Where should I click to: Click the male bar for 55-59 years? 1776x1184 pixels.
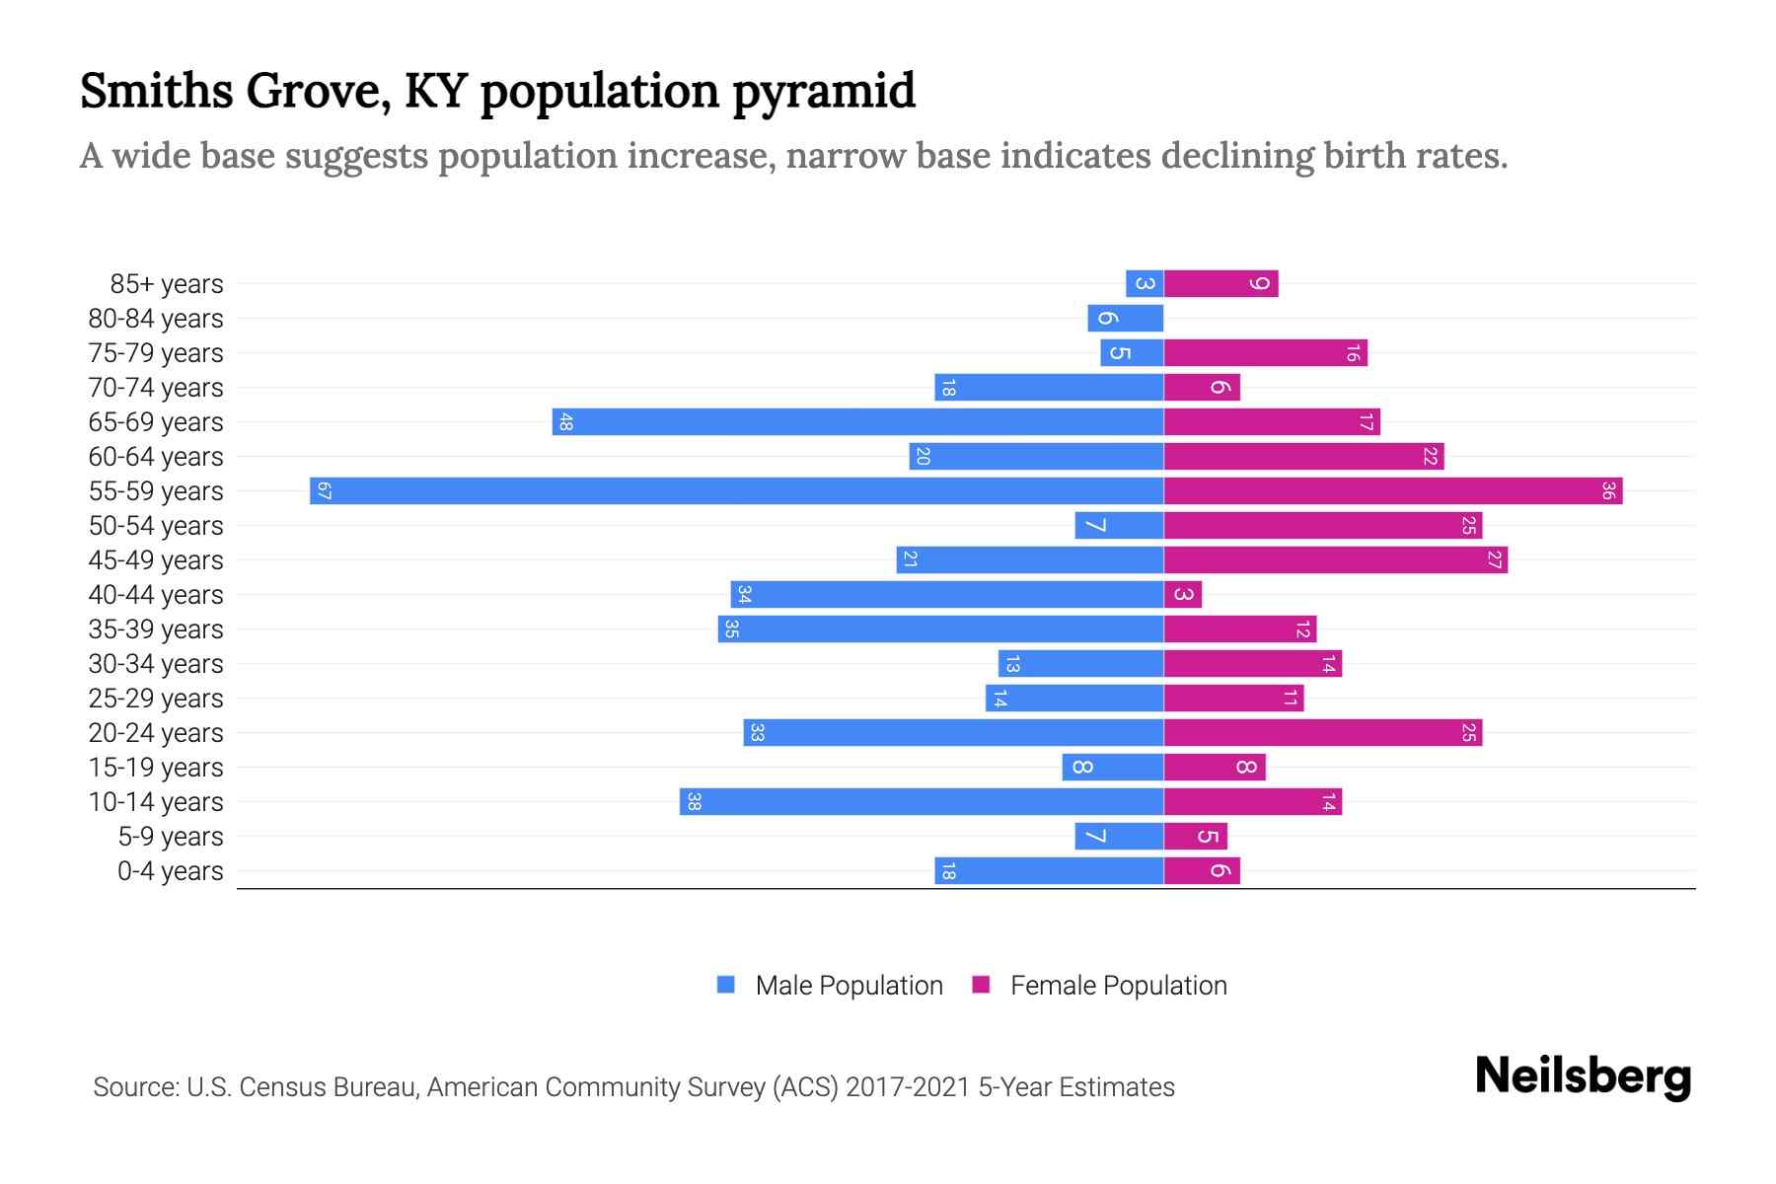tap(736, 490)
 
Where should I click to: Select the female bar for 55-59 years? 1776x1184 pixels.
tap(1393, 490)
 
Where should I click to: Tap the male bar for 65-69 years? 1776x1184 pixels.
tap(857, 421)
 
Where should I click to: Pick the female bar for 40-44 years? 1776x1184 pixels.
tap(1183, 594)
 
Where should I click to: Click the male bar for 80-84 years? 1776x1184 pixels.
tap(1126, 318)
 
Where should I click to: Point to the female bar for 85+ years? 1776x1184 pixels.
tap(1221, 283)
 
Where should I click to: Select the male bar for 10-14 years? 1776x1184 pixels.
tap(922, 801)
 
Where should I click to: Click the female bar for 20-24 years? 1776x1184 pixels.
tap(1323, 732)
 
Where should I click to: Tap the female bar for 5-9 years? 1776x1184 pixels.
tap(1196, 836)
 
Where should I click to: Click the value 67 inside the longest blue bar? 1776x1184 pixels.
tap(324, 490)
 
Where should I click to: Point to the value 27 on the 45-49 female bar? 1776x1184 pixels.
tap(1495, 559)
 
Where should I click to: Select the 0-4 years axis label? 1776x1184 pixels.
tap(170, 871)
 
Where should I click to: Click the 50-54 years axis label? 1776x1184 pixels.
tap(156, 526)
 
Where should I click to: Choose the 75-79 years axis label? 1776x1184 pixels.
tap(156, 353)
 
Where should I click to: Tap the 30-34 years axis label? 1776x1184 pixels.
tap(156, 664)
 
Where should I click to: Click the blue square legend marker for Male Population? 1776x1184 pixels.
tap(726, 985)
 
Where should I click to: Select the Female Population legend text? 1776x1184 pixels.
tap(1118, 985)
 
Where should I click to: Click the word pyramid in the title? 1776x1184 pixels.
tap(824, 91)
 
